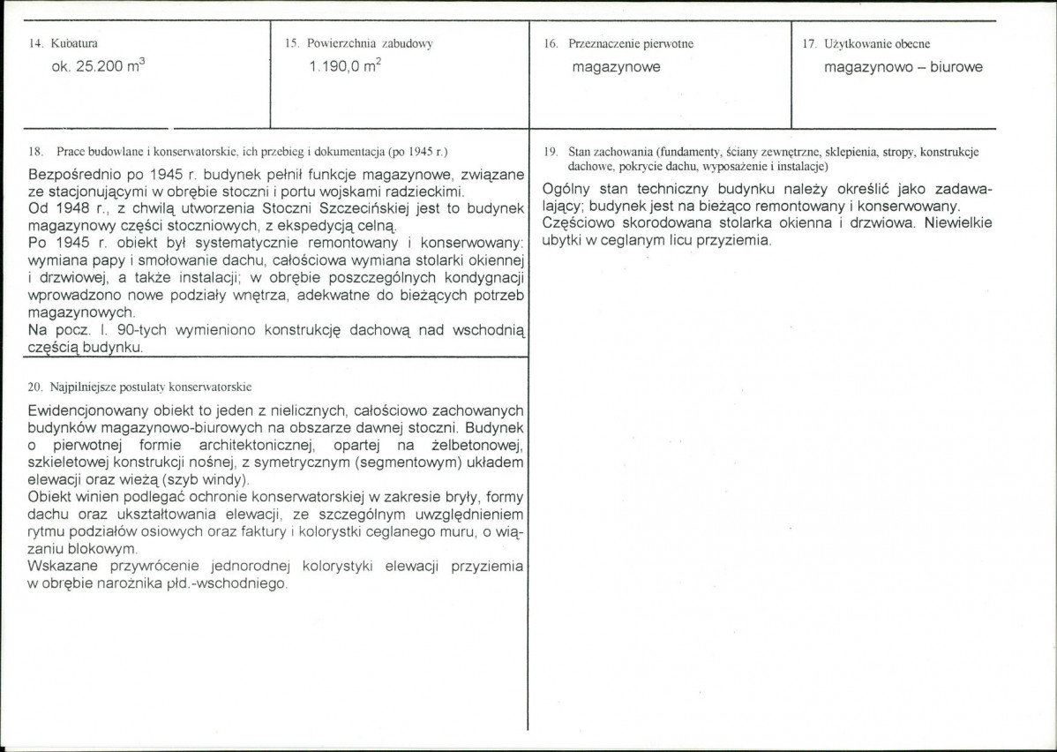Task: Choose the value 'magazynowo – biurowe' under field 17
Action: tap(903, 67)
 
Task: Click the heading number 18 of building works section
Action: tap(34, 151)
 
